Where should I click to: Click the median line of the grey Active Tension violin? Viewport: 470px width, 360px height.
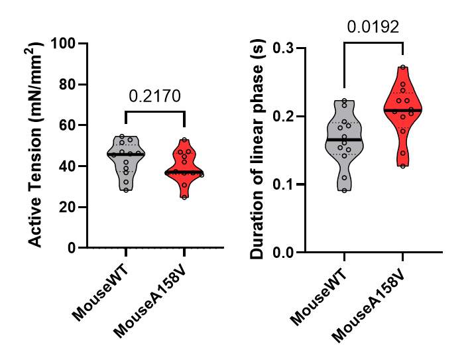click(x=125, y=154)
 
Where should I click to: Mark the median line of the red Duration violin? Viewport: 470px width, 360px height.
click(x=402, y=110)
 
